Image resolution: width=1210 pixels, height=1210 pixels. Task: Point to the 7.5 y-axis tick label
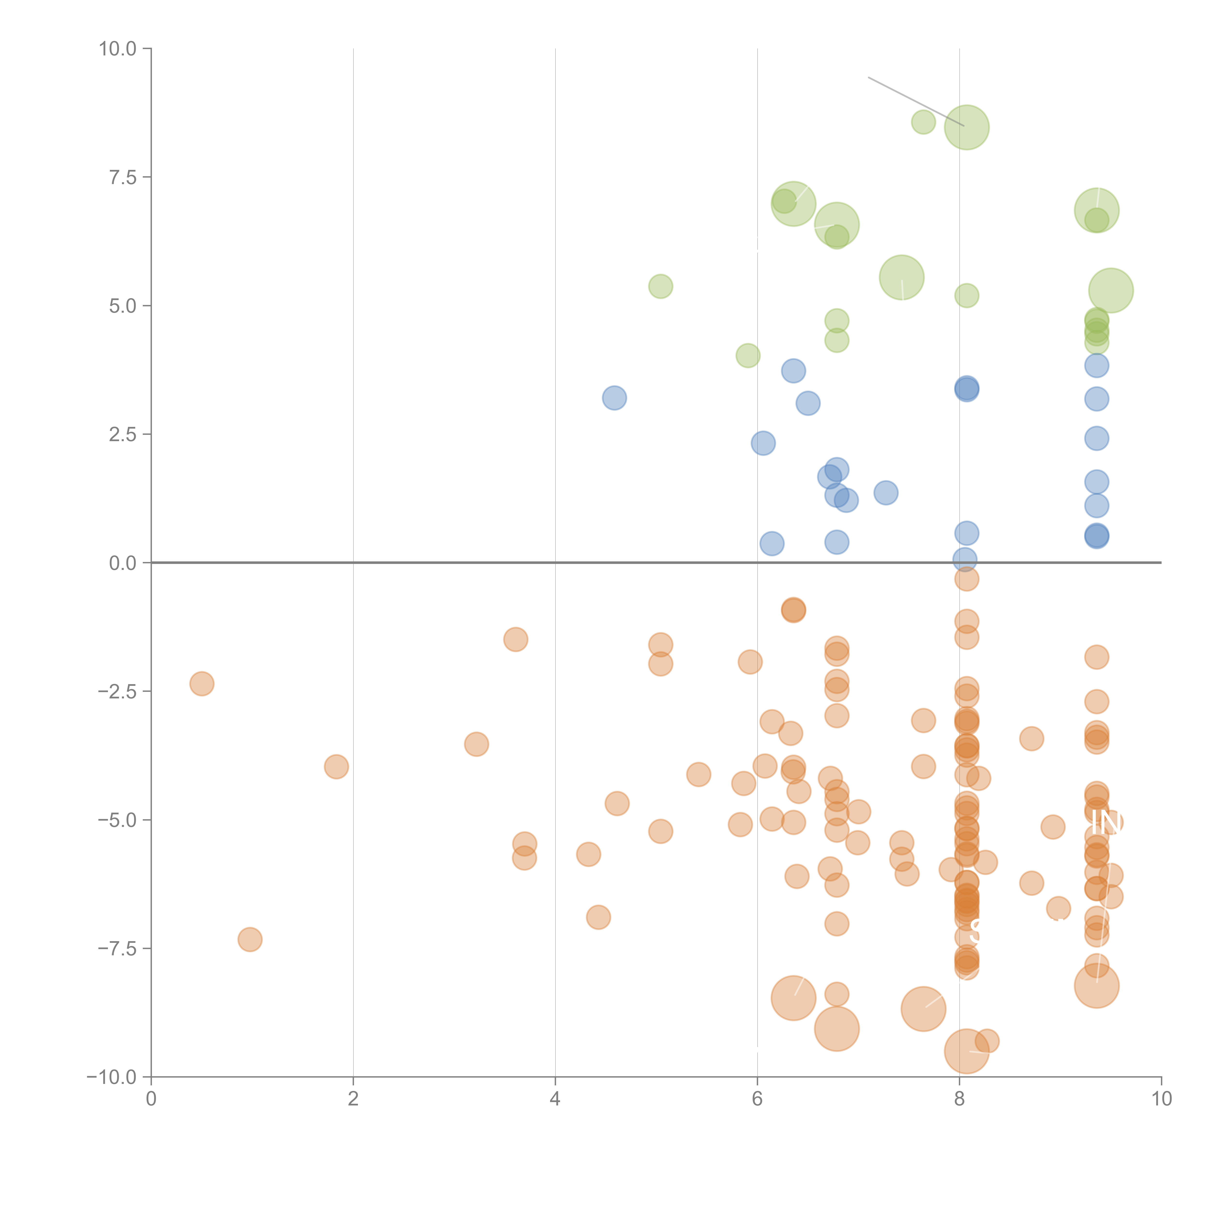click(123, 177)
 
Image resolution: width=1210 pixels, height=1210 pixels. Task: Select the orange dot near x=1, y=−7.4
click(250, 939)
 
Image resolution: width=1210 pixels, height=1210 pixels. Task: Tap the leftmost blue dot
click(614, 398)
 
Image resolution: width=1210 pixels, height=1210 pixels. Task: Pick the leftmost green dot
click(660, 286)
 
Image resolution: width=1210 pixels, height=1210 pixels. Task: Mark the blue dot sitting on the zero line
click(965, 559)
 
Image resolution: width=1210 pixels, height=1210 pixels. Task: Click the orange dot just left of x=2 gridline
click(336, 767)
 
